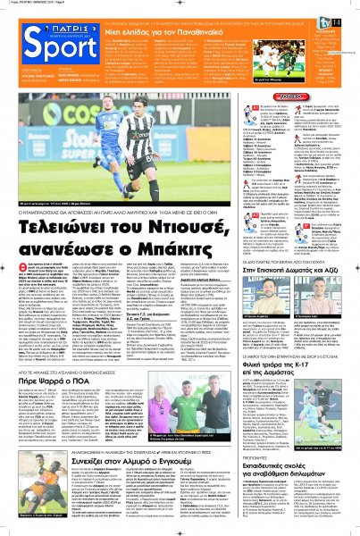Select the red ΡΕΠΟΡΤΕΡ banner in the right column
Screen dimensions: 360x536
(310, 92)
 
